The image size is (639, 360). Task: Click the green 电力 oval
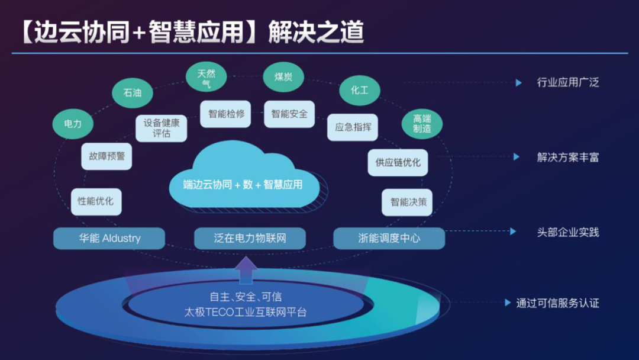73,124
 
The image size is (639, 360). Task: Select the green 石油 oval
133,92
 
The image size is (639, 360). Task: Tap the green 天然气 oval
206,78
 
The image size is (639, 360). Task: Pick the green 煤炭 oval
283,77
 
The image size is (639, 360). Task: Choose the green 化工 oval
359,91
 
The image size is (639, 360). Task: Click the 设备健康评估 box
162,128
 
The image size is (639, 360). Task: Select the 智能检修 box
226,114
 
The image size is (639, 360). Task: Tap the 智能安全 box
289,114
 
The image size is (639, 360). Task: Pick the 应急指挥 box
353,127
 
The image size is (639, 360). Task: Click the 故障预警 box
107,156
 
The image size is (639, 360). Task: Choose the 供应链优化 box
398,162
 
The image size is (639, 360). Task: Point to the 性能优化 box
96,201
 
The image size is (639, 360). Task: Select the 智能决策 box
408,202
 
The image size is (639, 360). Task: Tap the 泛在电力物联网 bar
250,239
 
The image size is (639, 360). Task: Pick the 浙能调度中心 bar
389,239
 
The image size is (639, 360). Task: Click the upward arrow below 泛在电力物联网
246,269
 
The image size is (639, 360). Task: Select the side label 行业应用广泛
567,82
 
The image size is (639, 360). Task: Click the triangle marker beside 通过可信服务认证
508,303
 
